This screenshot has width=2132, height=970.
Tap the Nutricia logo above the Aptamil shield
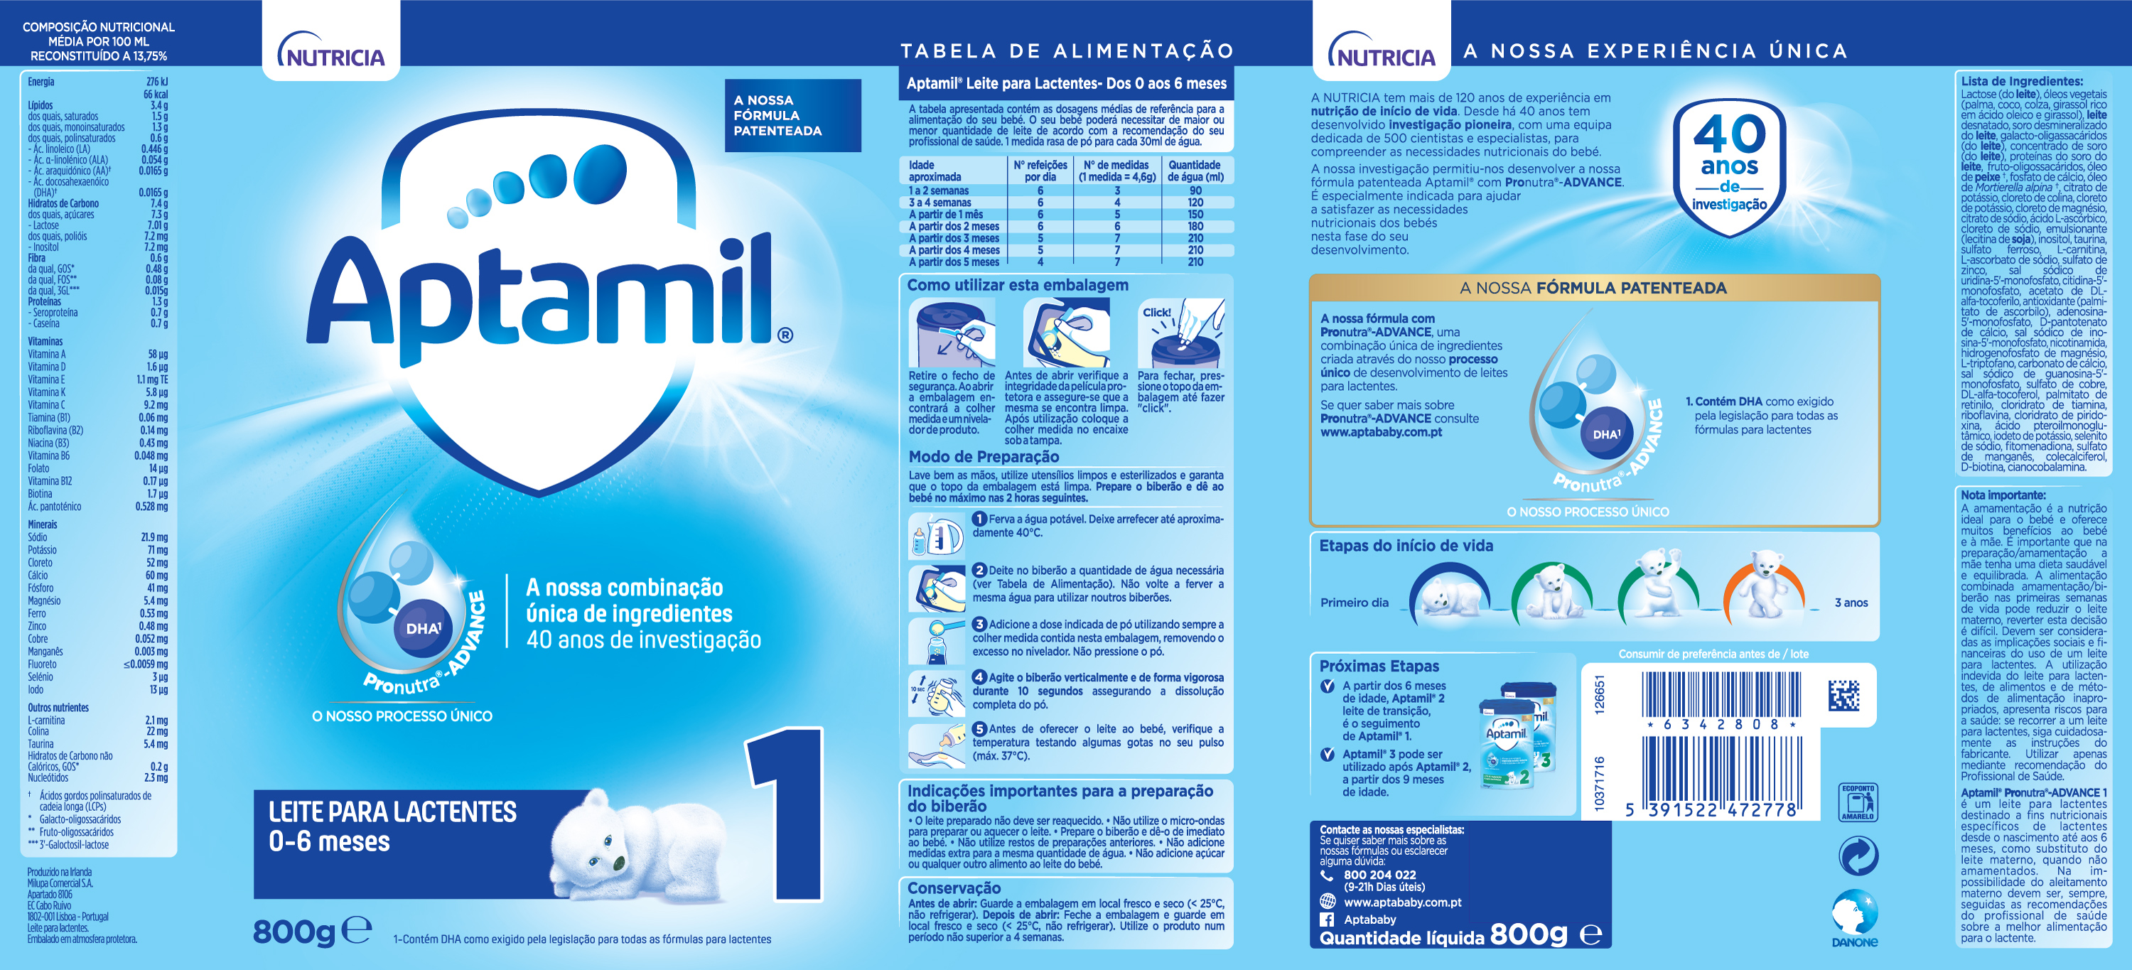pos(331,51)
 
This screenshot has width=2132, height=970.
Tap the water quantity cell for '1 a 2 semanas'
pos(1195,190)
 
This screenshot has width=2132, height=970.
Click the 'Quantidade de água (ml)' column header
pos(1195,171)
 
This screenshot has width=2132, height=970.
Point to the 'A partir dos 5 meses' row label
pos(954,262)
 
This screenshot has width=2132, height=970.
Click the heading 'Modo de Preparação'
pos(984,457)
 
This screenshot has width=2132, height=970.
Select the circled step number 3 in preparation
pos(979,624)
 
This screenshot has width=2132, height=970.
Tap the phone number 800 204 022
pos(1379,875)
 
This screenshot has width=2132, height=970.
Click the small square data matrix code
pos(1843,695)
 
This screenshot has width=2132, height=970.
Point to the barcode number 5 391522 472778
pos(1713,809)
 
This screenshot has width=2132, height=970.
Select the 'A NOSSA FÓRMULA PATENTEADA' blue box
pos(792,115)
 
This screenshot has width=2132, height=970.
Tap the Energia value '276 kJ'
pos(156,82)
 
